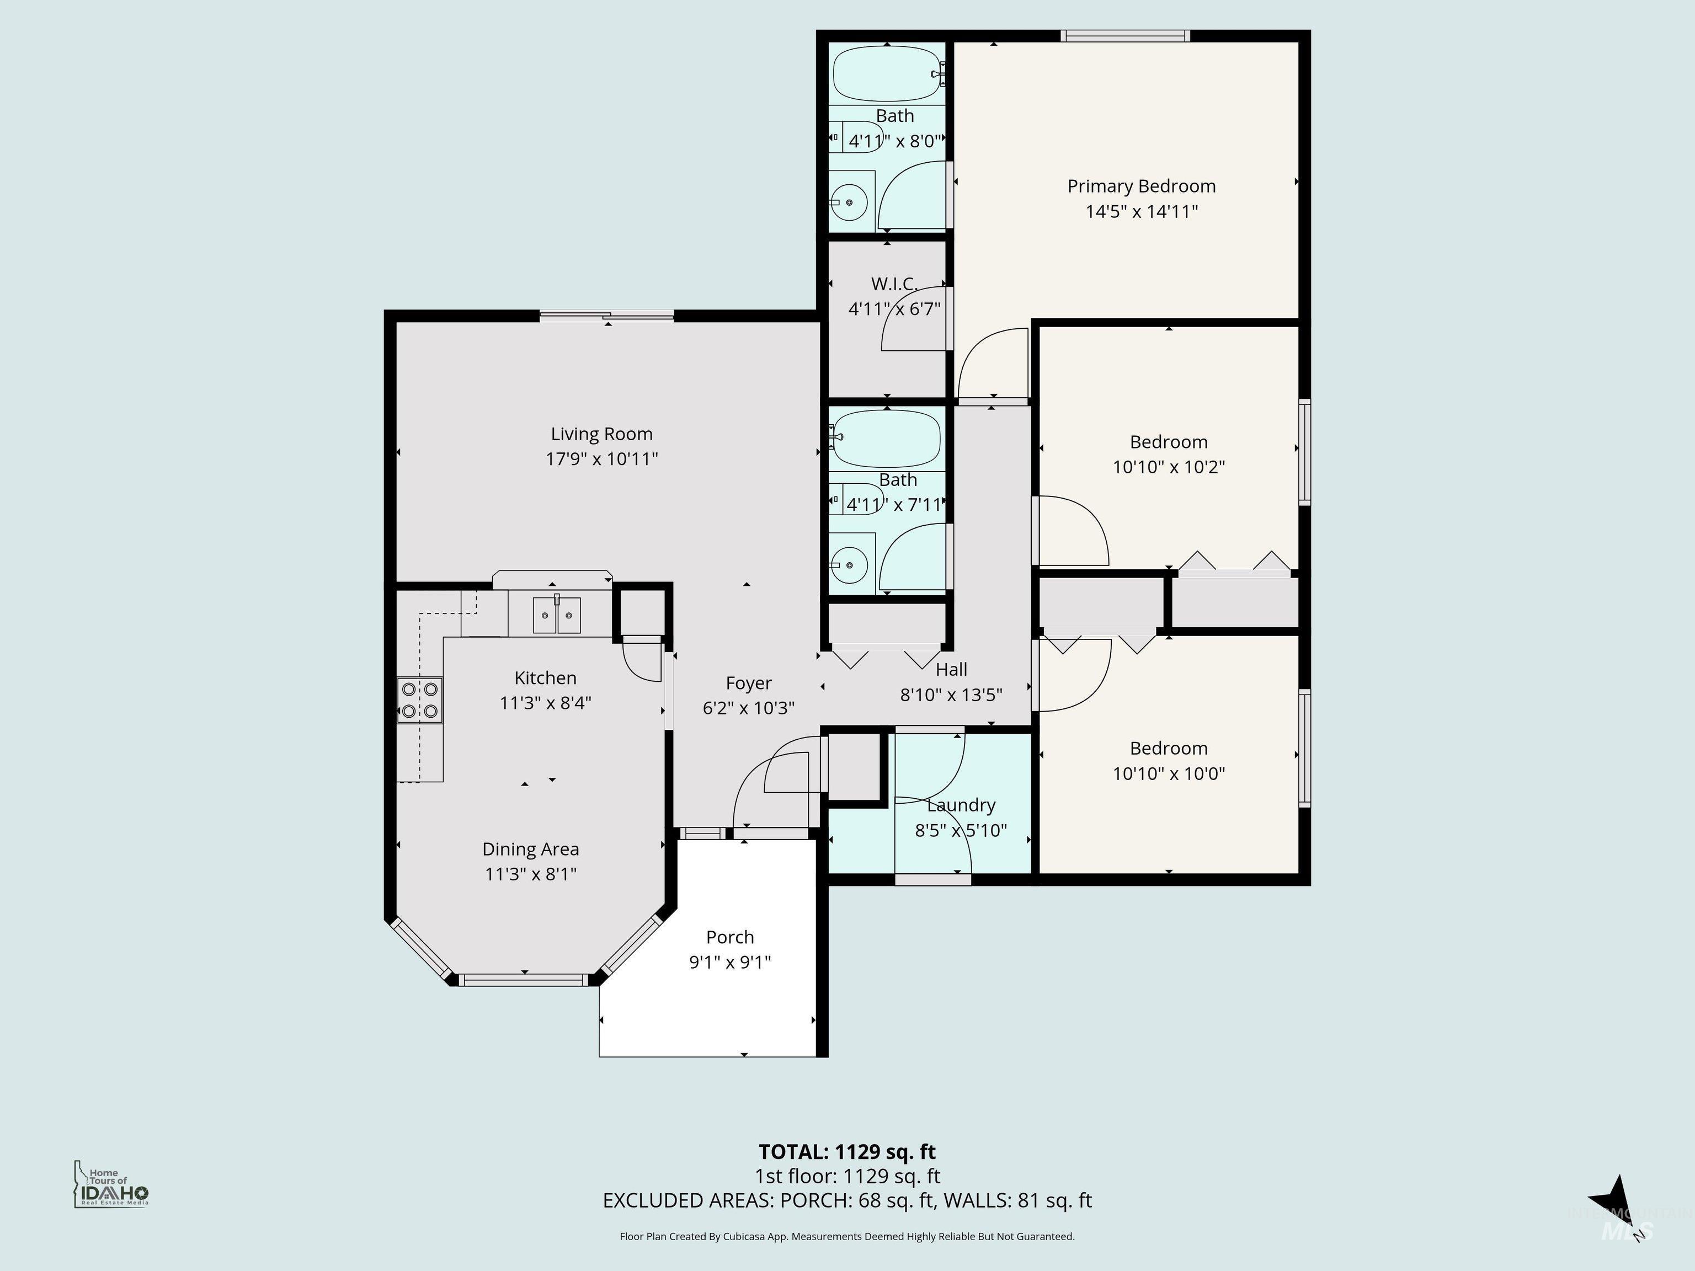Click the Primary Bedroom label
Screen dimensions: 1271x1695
pos(1141,186)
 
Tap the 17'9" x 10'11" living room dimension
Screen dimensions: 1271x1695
pos(601,459)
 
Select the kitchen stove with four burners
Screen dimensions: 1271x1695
pos(420,700)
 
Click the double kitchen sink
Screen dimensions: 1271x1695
pos(557,615)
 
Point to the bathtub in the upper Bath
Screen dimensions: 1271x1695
pos(887,74)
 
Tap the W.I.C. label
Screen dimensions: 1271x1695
pos(893,284)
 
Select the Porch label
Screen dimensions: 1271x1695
pos(729,937)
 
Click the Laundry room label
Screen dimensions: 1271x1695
pos(961,805)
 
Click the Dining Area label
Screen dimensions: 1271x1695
pos(530,849)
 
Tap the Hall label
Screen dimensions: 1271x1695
pos(951,670)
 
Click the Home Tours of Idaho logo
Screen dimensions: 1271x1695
pos(111,1184)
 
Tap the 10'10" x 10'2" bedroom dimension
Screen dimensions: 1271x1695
pos(1168,467)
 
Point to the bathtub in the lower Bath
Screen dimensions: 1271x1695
pos(887,437)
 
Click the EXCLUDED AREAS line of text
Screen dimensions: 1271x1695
pos(847,1200)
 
